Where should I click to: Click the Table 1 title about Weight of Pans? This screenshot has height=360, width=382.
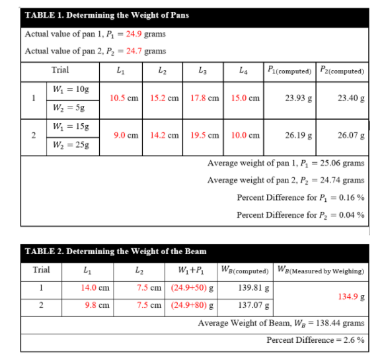click(106, 15)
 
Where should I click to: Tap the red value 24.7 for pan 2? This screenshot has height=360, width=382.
click(134, 51)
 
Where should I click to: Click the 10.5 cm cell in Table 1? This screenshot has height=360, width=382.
click(124, 98)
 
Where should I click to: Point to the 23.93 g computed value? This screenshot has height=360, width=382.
click(298, 98)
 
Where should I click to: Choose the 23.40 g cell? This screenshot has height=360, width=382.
click(350, 98)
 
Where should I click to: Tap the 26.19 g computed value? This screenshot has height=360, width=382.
click(298, 135)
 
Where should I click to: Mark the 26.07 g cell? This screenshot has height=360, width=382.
click(350, 135)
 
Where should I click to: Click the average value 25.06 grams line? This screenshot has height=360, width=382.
click(286, 163)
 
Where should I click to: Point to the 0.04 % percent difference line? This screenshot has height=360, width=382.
click(301, 214)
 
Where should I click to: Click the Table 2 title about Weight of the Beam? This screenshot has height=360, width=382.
click(115, 251)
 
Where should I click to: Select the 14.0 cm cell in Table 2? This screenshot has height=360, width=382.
click(95, 288)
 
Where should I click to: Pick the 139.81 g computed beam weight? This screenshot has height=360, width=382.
click(250, 288)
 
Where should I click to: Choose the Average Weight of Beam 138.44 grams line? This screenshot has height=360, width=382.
click(281, 323)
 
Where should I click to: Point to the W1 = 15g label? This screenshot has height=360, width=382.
click(66, 126)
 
